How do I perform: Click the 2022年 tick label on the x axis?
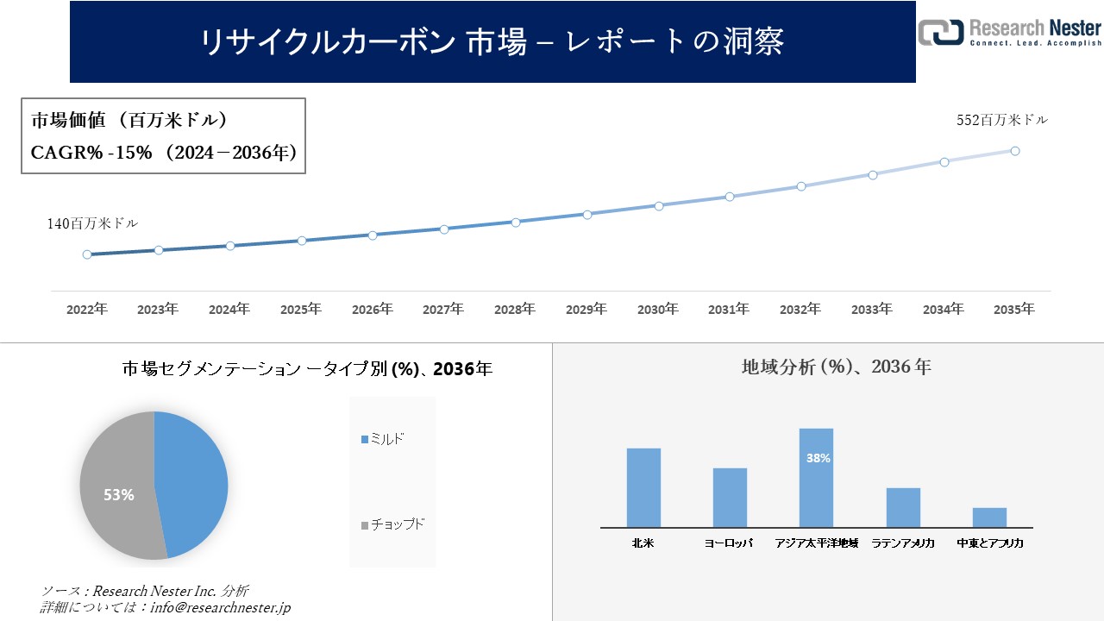pyautogui.click(x=87, y=309)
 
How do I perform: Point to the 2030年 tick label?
pyautogui.click(x=658, y=309)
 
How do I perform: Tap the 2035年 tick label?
pyautogui.click(x=1014, y=309)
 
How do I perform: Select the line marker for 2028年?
pyautogui.click(x=516, y=222)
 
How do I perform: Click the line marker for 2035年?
pyautogui.click(x=1015, y=151)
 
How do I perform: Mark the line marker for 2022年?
pyautogui.click(x=87, y=254)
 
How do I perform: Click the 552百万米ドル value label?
pyautogui.click(x=1002, y=121)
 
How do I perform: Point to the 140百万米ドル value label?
pyautogui.click(x=92, y=223)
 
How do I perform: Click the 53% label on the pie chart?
pyautogui.click(x=118, y=495)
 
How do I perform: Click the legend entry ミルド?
pyautogui.click(x=386, y=440)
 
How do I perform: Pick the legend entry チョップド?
pyautogui.click(x=397, y=524)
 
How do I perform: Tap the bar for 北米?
pyautogui.click(x=643, y=487)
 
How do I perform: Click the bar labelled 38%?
pyautogui.click(x=816, y=478)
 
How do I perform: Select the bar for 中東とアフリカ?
pyautogui.click(x=989, y=517)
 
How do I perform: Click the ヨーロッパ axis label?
pyautogui.click(x=729, y=543)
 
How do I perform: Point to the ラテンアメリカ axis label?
pyautogui.click(x=903, y=543)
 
